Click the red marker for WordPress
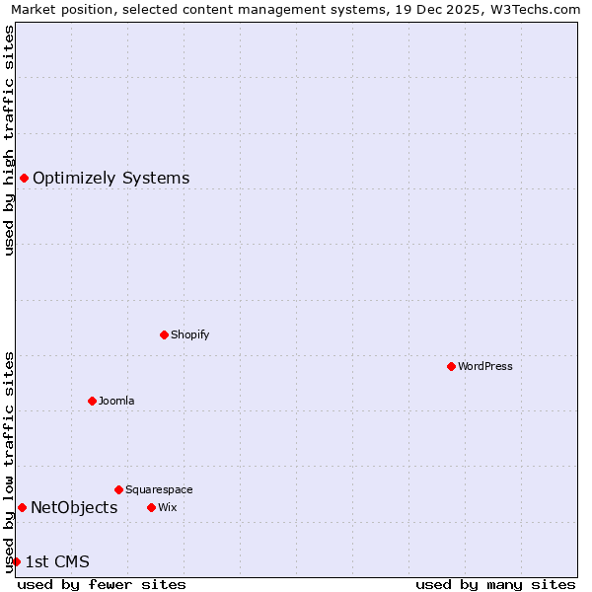pyautogui.click(x=451, y=366)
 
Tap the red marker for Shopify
pyautogui.click(x=164, y=334)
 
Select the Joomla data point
pyautogui.click(x=92, y=401)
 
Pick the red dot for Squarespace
pyautogui.click(x=118, y=489)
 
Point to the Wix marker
pyautogui.click(x=151, y=507)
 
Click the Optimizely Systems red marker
pyautogui.click(x=24, y=178)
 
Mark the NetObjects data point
pyautogui.click(x=22, y=507)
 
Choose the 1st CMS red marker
pyautogui.click(x=16, y=561)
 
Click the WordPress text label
pyautogui.click(x=485, y=366)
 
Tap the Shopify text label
pyautogui.click(x=190, y=334)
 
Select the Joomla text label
pyautogui.click(x=116, y=401)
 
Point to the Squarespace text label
pyautogui.click(x=159, y=489)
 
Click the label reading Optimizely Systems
pyautogui.click(x=111, y=178)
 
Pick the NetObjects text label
pyautogui.click(x=74, y=507)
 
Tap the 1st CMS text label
pyautogui.click(x=57, y=561)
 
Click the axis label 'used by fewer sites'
pyautogui.click(x=102, y=584)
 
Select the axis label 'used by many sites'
pyautogui.click(x=495, y=584)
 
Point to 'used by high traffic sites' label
pyautogui.click(x=10, y=140)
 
